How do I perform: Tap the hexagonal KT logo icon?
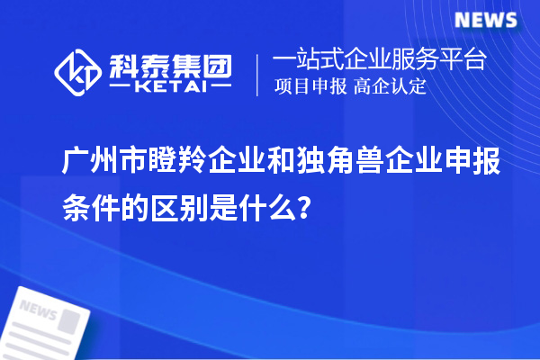coord(77,69)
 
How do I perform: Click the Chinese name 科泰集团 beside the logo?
coord(169,63)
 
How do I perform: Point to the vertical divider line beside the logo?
coord(258,72)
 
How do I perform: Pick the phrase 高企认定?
coord(390,87)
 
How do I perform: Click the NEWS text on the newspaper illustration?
coord(37,310)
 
